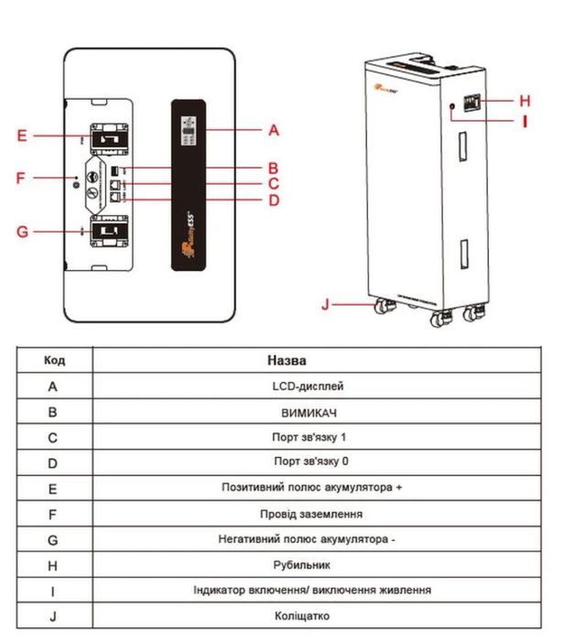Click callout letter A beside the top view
[273, 130]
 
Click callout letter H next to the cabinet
[525, 100]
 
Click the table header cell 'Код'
[54, 360]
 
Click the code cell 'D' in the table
[53, 463]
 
